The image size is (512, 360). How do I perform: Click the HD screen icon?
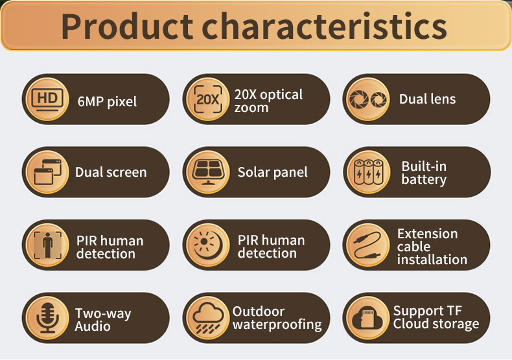47,99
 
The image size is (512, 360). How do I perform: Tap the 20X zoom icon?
207,99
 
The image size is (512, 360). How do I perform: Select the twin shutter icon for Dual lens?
368,99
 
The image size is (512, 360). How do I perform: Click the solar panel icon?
208,172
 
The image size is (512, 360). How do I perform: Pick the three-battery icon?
369,172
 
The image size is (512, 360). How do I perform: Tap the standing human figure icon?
48,245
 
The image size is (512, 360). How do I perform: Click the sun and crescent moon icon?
208,245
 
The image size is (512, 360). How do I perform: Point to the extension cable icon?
367,245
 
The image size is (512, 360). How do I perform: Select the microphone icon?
48,318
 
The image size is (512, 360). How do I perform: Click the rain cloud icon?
208,318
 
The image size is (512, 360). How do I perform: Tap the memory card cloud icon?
367,318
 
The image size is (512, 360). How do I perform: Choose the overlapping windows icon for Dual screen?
48,172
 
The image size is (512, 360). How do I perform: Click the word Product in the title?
127,26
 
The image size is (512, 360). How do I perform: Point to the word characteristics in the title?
324,26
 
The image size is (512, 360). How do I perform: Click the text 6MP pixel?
107,102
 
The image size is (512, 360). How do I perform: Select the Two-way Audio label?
103,320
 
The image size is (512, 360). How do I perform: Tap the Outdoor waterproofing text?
277,318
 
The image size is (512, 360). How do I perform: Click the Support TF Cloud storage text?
436,317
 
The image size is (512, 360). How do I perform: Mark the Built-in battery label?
424,173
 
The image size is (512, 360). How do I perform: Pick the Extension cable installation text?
432,247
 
